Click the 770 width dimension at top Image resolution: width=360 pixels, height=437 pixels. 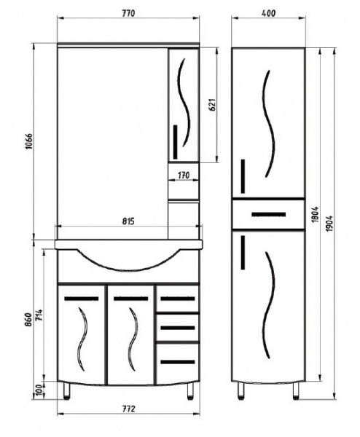point(128,13)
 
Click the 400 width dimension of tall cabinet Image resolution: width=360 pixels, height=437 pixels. point(269,13)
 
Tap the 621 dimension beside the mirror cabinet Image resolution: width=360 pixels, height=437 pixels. point(213,105)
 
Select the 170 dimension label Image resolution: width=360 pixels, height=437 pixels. point(184,176)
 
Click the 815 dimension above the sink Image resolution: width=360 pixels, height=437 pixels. point(128,221)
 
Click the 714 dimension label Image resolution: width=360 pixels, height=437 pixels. point(39,315)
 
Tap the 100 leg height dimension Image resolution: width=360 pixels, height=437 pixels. point(39,390)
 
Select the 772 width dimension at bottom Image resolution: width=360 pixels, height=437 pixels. point(128,409)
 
